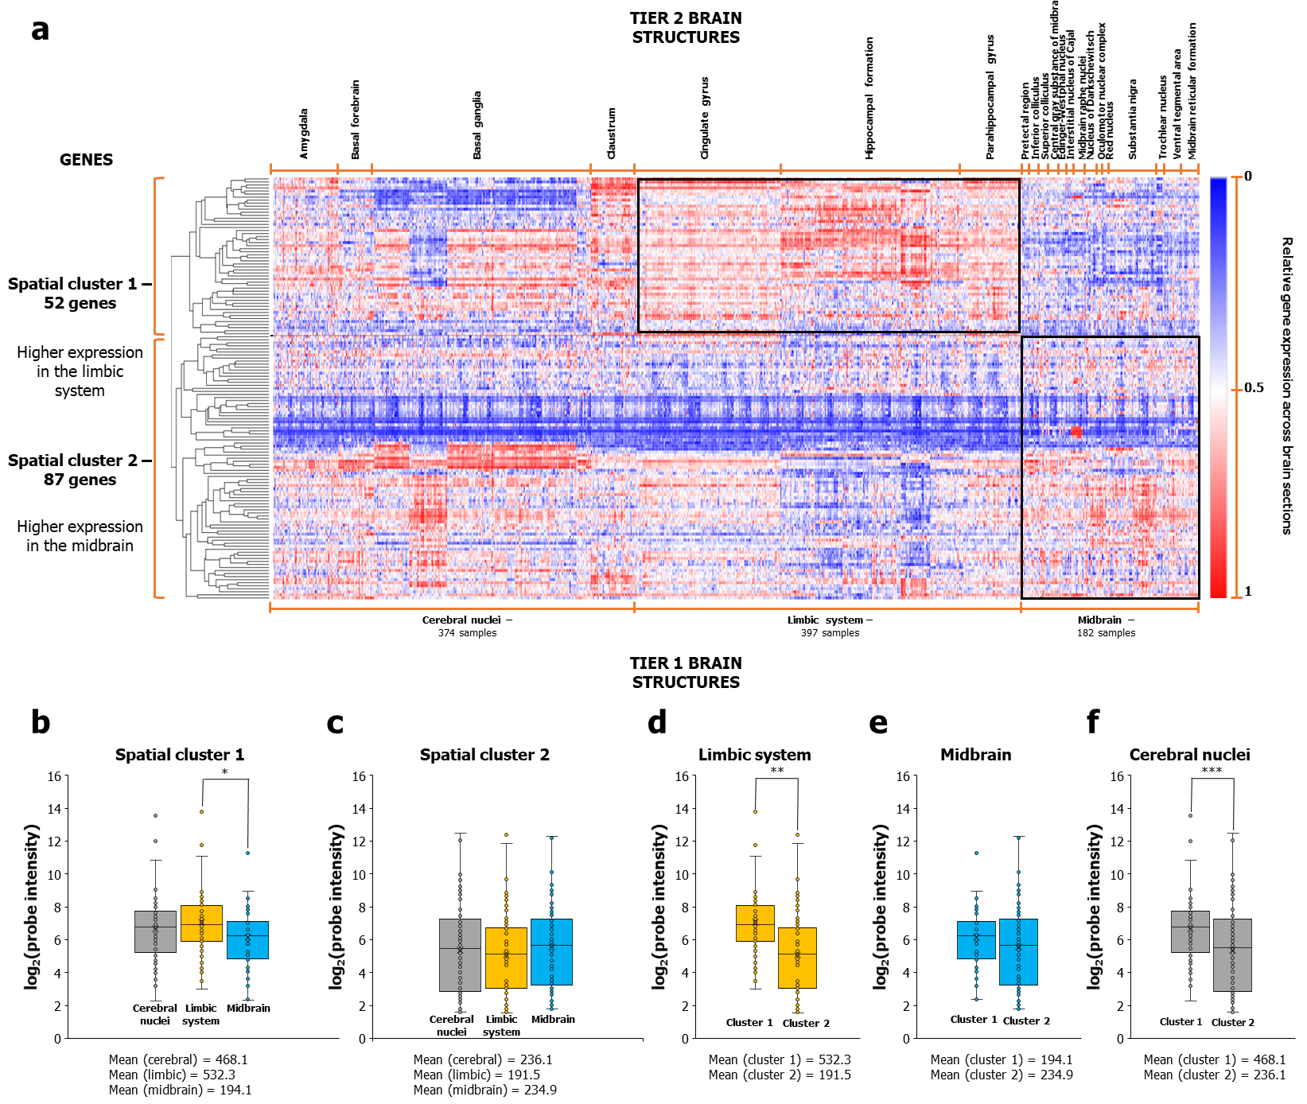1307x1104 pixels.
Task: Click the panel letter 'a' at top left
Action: (40, 30)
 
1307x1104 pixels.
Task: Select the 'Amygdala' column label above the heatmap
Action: (304, 134)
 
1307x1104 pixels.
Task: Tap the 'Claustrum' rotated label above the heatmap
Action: (611, 133)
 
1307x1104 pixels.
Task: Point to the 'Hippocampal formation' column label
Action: (869, 98)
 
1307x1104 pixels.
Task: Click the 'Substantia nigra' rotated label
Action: (1133, 119)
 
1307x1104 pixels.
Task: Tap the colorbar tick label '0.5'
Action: (1254, 388)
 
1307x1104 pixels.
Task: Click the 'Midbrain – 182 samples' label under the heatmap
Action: (1106, 627)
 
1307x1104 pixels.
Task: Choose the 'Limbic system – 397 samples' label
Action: (830, 627)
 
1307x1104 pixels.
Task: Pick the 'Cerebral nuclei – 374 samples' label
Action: (467, 627)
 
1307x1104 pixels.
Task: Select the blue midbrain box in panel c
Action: (551, 952)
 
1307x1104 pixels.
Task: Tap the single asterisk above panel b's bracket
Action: (225, 772)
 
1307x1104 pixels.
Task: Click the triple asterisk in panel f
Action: (1212, 771)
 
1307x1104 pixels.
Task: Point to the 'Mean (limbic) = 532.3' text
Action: (172, 1075)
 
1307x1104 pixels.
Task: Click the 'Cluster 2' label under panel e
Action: (1026, 1020)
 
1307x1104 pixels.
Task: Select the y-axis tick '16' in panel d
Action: (681, 776)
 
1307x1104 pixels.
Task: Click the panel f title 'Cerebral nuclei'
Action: (1189, 755)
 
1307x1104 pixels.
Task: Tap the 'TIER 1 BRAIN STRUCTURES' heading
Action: (686, 673)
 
